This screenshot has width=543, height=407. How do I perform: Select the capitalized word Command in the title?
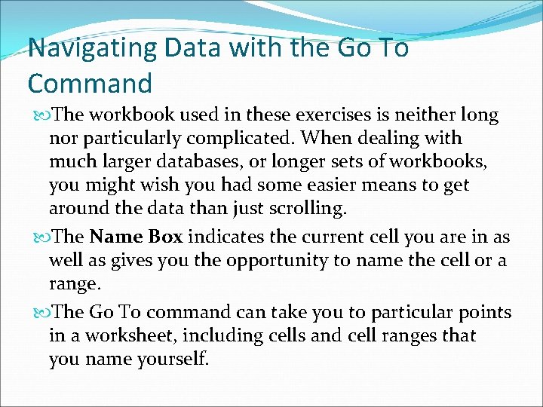(90, 83)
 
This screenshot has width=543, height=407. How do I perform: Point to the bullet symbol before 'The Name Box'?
(39, 237)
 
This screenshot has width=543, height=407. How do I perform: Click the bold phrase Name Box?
(136, 237)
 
